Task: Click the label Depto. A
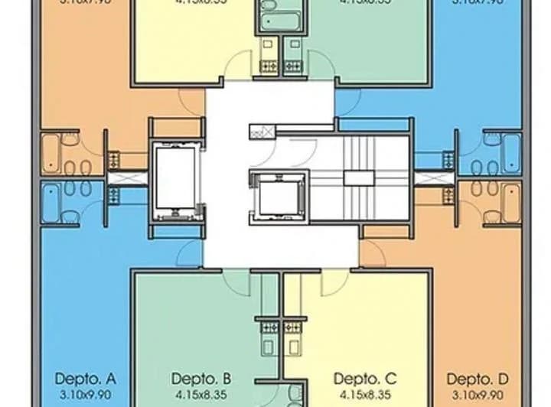coord(86,379)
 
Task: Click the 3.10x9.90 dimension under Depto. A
coord(86,394)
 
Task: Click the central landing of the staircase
coord(354,177)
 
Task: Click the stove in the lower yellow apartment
coord(292,329)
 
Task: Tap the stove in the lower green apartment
coord(269,329)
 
